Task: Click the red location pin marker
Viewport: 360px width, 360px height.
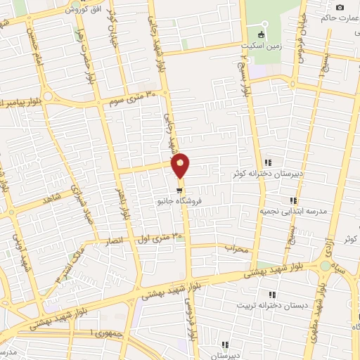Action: coord(181,165)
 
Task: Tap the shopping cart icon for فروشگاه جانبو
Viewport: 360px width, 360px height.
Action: coord(180,190)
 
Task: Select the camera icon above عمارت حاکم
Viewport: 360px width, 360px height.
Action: coord(340,7)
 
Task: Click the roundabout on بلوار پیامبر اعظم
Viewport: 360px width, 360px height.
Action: coord(48,96)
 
